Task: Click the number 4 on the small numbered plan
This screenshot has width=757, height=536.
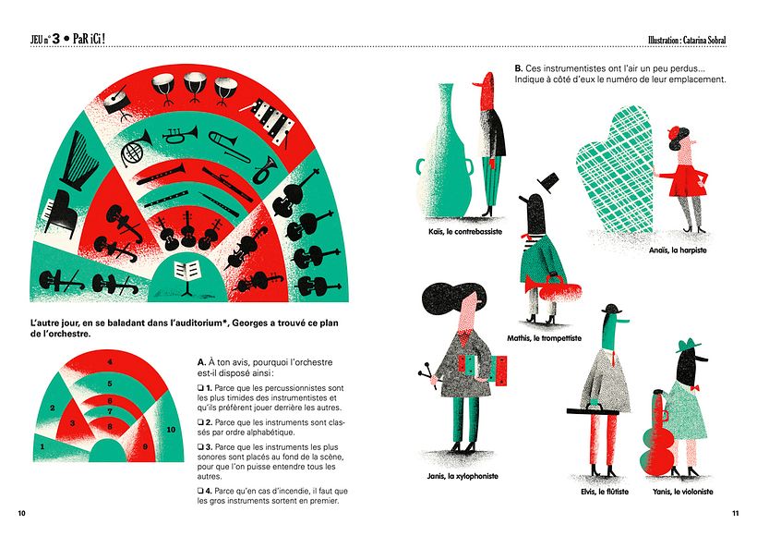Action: [x=111, y=361]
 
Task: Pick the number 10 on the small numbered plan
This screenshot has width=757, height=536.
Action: [x=171, y=430]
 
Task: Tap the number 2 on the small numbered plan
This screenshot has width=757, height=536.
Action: [x=53, y=408]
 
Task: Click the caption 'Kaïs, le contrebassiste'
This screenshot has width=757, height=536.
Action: [x=465, y=232]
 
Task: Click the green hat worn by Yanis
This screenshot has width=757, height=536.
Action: [x=688, y=345]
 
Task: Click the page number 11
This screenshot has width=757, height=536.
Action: [x=736, y=512]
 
